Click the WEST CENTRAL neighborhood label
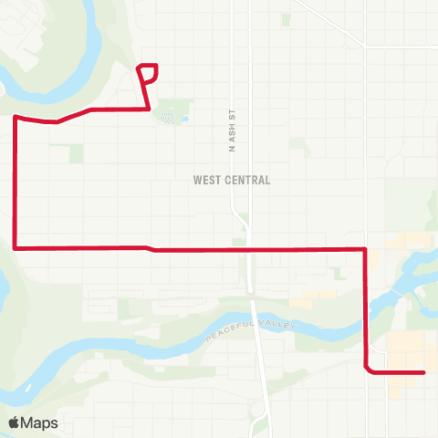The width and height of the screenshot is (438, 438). [232, 180]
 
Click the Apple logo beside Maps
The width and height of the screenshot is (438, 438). [15, 422]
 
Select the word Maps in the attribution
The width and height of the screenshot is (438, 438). [39, 422]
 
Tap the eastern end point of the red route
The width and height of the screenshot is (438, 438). [424, 372]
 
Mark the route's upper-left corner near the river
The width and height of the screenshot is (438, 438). [16, 117]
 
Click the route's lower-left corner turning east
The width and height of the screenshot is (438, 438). [16, 246]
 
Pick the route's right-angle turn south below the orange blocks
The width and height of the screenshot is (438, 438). [365, 248]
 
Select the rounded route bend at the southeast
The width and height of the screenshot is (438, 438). [367, 369]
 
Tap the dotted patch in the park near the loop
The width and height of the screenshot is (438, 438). [166, 117]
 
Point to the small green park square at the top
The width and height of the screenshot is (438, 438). [287, 18]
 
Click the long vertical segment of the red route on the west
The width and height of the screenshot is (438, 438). [16, 182]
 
